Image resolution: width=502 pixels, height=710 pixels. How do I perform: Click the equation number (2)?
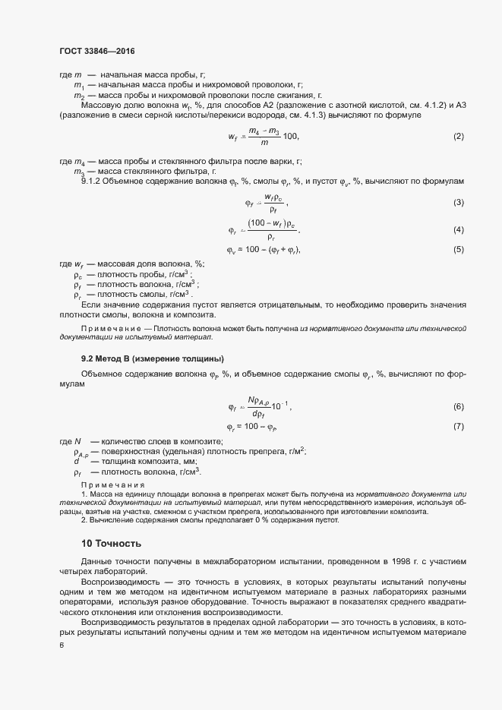coord(458,137)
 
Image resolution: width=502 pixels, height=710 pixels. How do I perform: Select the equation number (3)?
coord(458,203)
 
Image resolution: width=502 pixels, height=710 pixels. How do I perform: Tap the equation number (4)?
coord(458,230)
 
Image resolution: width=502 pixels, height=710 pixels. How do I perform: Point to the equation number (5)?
coord(458,250)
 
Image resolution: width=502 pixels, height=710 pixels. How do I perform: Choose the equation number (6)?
coord(458,407)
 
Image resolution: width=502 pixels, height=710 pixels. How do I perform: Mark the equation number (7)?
coord(458,426)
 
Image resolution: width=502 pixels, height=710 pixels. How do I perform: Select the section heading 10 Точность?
coord(111,544)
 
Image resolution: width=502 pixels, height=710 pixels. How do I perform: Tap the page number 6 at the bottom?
coord(62,645)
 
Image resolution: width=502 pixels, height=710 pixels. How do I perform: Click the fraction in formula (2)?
coord(265,137)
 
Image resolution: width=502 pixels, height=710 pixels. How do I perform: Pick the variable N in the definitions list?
coord(77,441)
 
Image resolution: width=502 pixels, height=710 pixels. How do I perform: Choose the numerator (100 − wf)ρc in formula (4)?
coord(271,225)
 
